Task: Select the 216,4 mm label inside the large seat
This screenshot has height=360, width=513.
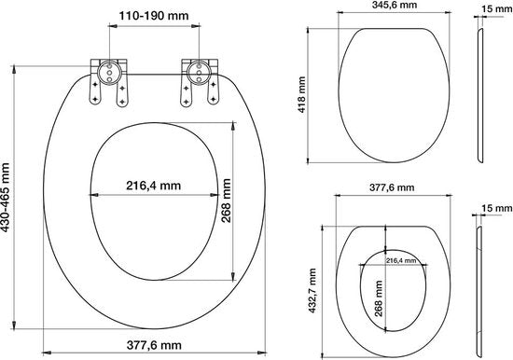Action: click(152, 185)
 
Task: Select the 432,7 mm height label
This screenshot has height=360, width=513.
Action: click(314, 287)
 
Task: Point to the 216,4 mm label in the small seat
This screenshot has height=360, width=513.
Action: click(401, 261)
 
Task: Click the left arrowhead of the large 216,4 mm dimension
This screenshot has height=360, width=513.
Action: click(92, 195)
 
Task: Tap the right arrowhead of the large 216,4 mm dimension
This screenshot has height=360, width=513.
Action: click(213, 195)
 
